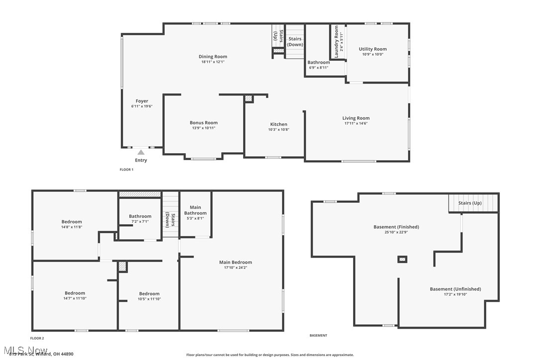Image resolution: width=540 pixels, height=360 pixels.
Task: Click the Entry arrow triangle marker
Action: point(141,153)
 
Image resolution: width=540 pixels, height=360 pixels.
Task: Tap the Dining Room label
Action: point(213,57)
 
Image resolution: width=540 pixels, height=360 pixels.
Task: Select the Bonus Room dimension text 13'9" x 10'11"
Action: point(203,128)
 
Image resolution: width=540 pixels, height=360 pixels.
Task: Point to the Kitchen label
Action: point(278,124)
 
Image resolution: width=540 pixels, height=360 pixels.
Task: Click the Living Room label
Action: point(356,118)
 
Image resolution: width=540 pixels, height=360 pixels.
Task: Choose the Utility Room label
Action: point(372,49)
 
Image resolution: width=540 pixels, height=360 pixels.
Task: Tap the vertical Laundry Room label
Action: point(337,42)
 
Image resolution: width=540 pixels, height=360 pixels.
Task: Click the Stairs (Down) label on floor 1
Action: point(295,41)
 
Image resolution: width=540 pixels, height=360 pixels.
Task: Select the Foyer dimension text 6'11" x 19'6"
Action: point(142,106)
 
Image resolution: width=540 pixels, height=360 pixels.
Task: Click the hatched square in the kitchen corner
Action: point(249,99)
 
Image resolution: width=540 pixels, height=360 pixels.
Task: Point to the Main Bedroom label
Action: point(235,263)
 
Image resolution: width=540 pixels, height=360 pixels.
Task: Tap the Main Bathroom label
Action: point(195,210)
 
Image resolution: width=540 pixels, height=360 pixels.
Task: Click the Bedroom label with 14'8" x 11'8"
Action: point(72,222)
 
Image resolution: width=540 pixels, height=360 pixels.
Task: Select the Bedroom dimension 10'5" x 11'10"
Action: point(149,299)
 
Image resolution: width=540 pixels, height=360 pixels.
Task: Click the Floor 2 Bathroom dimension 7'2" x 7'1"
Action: point(140,222)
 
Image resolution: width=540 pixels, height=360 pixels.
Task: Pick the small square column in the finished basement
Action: point(402,259)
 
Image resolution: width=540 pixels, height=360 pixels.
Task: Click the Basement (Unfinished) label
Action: point(455,289)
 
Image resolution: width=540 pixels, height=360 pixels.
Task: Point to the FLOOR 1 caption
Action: point(126,170)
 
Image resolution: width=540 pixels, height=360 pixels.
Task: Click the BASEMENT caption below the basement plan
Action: point(318,336)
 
